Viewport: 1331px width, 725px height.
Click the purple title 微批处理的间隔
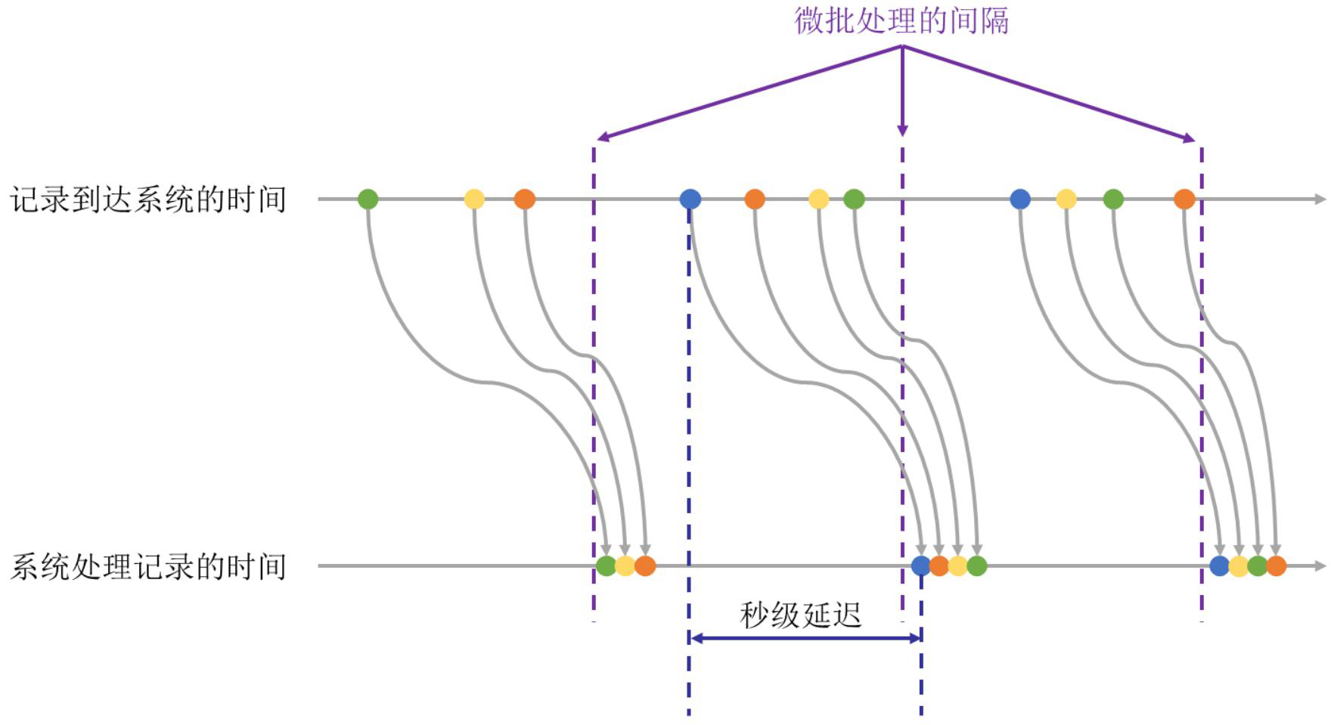point(901,20)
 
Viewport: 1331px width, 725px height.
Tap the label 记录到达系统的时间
point(148,200)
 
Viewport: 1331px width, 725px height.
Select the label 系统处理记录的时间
point(148,566)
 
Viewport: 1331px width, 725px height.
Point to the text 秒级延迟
point(801,615)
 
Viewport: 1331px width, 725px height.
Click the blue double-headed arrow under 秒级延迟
point(805,638)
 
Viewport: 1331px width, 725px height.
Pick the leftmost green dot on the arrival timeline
point(368,200)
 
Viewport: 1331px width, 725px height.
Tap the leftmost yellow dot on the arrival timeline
point(474,200)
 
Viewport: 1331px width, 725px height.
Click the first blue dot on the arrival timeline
point(690,200)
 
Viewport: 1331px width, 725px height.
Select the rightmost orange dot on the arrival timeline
point(1184,200)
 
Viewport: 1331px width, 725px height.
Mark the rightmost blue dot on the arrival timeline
point(1020,200)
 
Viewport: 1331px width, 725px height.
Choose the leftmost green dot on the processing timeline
point(606,565)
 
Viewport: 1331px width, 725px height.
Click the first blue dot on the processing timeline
point(920,565)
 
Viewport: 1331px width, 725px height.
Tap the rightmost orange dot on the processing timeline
point(1276,565)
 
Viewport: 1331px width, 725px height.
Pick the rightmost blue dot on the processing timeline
point(1219,565)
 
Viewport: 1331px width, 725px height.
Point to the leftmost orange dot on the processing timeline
point(645,565)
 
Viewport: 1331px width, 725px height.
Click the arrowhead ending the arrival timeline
point(1321,200)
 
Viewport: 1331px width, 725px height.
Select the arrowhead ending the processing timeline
point(1321,565)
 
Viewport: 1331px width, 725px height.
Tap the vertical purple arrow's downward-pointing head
point(902,130)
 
